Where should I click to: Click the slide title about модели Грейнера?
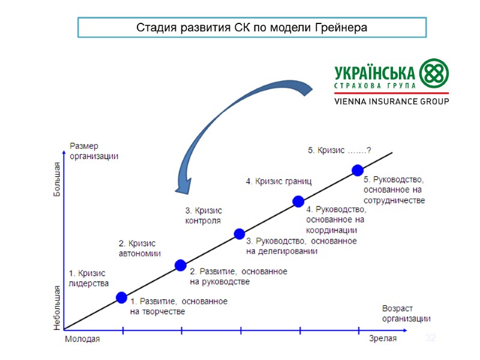coord(251,28)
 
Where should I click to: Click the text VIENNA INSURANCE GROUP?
coord(391,101)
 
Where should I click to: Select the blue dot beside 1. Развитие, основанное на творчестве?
coord(121,297)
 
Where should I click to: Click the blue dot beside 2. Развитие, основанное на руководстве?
coord(180,265)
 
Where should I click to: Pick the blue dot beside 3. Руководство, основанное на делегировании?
coord(239,233)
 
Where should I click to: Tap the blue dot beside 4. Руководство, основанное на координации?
coord(298,202)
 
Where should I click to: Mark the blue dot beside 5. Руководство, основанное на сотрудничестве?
coord(357,170)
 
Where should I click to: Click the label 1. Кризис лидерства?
coord(89,278)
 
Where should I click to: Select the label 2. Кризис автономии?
coord(139,248)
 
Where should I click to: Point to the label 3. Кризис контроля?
coord(203,215)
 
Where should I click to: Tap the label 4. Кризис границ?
coord(278,181)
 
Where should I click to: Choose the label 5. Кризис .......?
coord(339,151)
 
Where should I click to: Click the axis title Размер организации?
coord(94,151)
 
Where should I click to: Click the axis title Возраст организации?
coord(406,314)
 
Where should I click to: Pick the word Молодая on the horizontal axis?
coord(82,339)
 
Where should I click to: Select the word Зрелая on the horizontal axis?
coord(382,339)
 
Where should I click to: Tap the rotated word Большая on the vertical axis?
coord(58,180)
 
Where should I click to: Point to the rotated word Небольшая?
coord(58,307)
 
